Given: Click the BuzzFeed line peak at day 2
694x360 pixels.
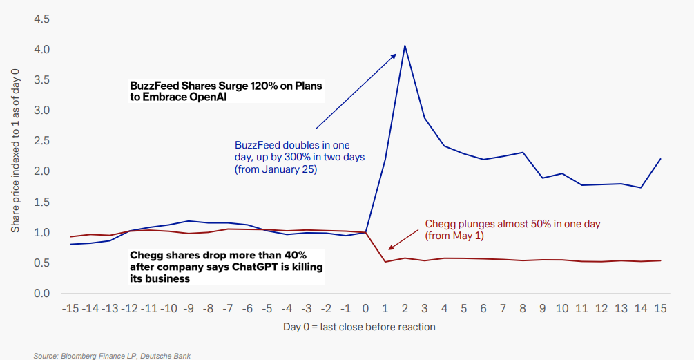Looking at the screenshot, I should (404, 46).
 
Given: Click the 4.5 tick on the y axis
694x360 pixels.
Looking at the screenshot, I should (41, 19).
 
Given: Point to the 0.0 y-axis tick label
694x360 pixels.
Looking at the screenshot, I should (41, 293).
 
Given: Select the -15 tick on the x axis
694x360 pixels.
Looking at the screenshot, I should (70, 309).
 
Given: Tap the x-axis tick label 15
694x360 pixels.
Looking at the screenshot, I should (660, 309).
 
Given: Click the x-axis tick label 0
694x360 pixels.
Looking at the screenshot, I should (365, 309).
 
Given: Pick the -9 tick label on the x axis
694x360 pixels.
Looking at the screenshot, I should (189, 309).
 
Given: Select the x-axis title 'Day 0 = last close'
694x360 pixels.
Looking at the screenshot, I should (359, 326).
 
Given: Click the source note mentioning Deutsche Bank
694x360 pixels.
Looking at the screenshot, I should (112, 355).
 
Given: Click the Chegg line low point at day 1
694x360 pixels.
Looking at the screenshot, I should (385, 262).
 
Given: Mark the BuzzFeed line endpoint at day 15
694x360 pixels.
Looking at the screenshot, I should (660, 159).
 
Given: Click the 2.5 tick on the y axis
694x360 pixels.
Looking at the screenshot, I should (41, 141).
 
